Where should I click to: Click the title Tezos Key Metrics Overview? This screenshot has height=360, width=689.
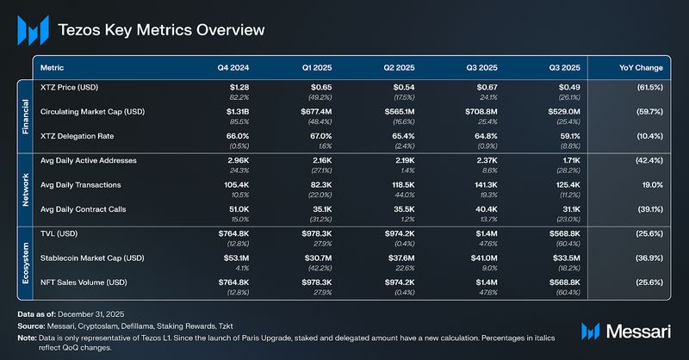click(161, 29)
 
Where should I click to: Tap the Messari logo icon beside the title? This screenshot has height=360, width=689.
click(33, 30)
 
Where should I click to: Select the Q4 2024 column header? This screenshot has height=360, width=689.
click(233, 66)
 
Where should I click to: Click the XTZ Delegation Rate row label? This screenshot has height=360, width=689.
click(81, 136)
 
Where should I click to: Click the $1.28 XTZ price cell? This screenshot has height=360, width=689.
click(238, 88)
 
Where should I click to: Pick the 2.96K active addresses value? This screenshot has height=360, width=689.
click(237, 160)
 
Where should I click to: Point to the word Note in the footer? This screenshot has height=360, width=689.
click(26, 339)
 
